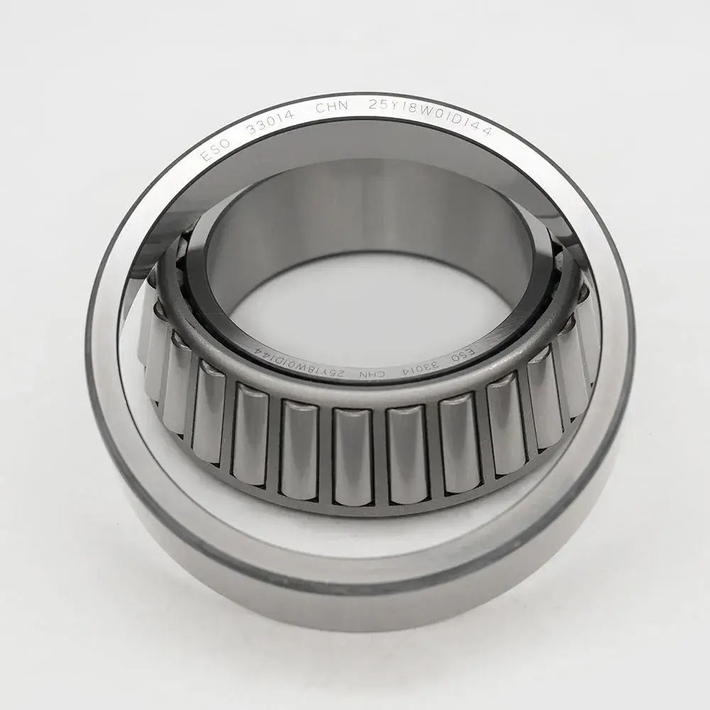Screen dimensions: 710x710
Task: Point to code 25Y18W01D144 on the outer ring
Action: click(x=439, y=116)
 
